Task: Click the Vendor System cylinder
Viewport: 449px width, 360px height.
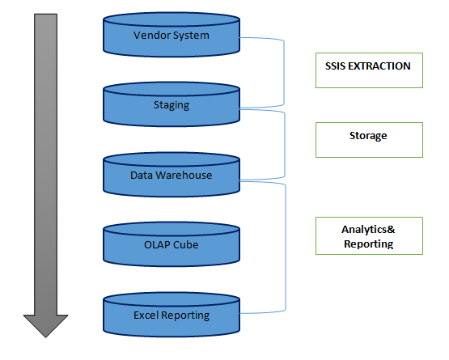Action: [x=172, y=35]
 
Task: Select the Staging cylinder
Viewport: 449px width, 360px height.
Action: [x=172, y=104]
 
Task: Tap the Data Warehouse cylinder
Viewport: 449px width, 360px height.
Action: [x=172, y=175]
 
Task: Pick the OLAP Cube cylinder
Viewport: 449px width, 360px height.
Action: [x=172, y=244]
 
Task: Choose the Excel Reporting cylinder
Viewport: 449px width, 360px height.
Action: [x=172, y=315]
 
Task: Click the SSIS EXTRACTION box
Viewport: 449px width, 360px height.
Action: [x=369, y=70]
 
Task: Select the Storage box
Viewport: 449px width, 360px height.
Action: [x=369, y=140]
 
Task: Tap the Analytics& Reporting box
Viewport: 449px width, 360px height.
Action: [x=369, y=235]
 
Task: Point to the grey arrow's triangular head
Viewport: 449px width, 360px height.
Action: [x=45, y=325]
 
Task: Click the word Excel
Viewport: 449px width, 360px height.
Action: [x=146, y=315]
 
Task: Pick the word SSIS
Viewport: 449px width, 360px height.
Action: [x=335, y=66]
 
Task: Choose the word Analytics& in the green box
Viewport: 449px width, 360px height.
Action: [x=368, y=230]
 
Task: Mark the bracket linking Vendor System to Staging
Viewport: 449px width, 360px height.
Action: [x=284, y=73]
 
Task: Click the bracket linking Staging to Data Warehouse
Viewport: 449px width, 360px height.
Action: [x=285, y=145]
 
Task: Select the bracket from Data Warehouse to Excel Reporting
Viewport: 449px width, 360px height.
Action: [x=286, y=248]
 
